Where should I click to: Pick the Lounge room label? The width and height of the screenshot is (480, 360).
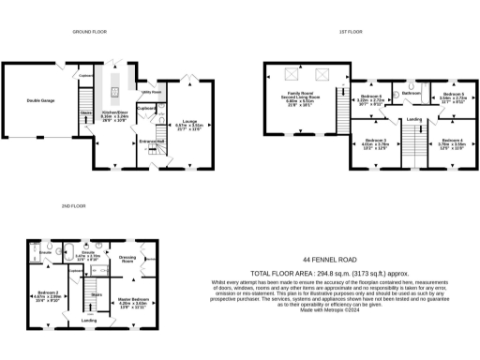(x=188, y=122)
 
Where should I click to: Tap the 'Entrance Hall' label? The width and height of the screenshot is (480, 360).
(x=152, y=142)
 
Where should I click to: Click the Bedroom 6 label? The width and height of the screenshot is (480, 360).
(x=371, y=98)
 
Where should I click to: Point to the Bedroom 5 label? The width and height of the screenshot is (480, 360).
(x=454, y=97)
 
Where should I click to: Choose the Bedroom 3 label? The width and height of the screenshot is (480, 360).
(x=375, y=142)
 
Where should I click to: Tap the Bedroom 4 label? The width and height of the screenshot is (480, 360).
(x=453, y=142)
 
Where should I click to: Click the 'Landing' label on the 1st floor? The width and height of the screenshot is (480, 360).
(x=413, y=118)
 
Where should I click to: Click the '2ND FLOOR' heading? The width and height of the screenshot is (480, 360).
(x=73, y=205)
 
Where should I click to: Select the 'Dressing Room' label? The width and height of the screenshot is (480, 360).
(x=129, y=258)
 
